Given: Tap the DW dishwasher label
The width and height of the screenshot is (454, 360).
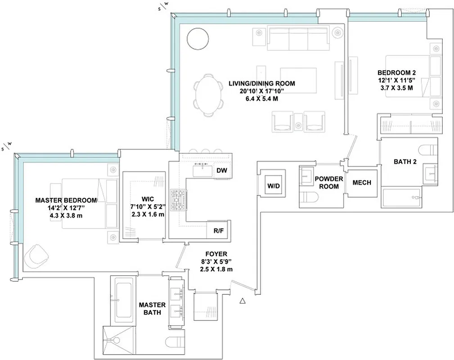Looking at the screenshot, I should [221, 171].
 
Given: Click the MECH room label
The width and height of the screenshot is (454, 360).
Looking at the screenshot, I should [362, 183].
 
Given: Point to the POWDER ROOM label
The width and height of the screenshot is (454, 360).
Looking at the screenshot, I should [329, 182].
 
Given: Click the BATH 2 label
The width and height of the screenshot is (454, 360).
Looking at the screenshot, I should [405, 162].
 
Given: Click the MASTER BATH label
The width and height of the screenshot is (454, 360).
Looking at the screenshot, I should [152, 308].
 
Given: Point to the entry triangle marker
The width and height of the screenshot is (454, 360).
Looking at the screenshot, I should [243, 301].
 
